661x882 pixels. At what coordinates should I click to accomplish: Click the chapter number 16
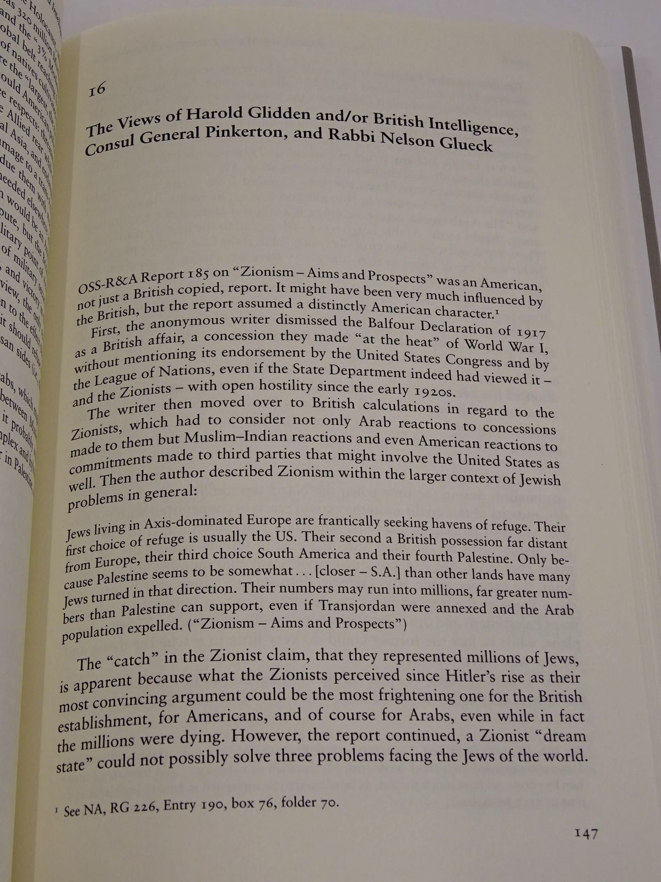[x=96, y=90]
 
